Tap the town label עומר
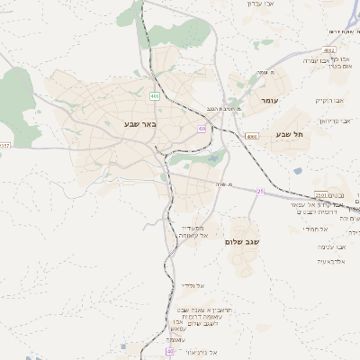click(270, 102)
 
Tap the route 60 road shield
click(202, 129)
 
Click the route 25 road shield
click(261, 191)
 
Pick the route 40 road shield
click(169, 352)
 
